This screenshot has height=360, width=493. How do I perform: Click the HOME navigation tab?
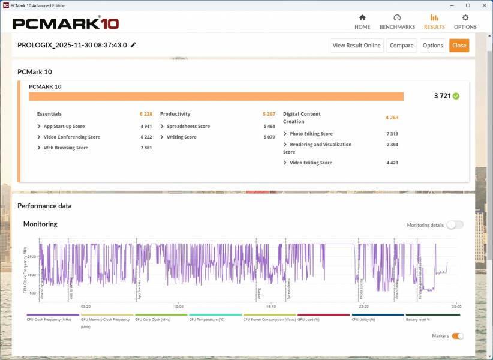point(362,22)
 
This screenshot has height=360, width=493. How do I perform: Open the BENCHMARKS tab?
point(397,22)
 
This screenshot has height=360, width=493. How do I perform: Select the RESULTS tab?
point(434,22)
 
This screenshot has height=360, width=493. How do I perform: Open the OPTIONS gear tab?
point(465,22)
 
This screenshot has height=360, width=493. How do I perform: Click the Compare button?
point(401,46)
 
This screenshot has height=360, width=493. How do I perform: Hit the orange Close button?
point(459,46)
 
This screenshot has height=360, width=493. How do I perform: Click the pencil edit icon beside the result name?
point(133,45)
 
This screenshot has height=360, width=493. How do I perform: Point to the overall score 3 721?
point(442,96)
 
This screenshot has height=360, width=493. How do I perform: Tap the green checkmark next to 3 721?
point(456,96)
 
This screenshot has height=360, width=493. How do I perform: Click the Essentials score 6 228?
point(146,114)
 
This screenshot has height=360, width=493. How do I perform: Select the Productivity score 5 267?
point(269,114)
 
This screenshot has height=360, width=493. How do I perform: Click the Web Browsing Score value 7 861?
point(146,148)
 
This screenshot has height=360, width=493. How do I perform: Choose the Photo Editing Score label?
point(311,134)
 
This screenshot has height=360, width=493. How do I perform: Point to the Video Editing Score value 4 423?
point(392,163)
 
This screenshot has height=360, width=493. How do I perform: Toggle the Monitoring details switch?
point(455,225)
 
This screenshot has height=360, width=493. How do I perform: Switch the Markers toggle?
point(457,336)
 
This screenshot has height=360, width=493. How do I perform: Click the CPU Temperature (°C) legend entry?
point(207,319)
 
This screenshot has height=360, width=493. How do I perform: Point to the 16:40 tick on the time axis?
point(270,307)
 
